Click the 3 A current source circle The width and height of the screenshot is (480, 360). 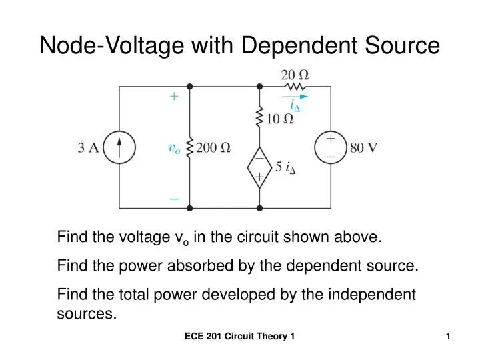coord(119,147)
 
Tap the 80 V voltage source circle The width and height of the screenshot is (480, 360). coord(331,147)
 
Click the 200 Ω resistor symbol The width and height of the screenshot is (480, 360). coord(189,148)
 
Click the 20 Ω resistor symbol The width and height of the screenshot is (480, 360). coord(295,86)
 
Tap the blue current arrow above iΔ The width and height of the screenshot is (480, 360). coord(295,96)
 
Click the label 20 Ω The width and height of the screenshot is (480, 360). coord(294,73)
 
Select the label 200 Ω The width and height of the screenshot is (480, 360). coord(213,148)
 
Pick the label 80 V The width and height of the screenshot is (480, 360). coord(363,147)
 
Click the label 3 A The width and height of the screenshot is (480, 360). coord(89,148)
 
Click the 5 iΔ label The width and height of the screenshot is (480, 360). coord(285,167)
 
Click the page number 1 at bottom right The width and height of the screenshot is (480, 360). coord(449,338)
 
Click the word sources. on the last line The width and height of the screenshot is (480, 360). coord(87,314)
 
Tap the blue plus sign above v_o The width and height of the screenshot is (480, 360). coord(174,96)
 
